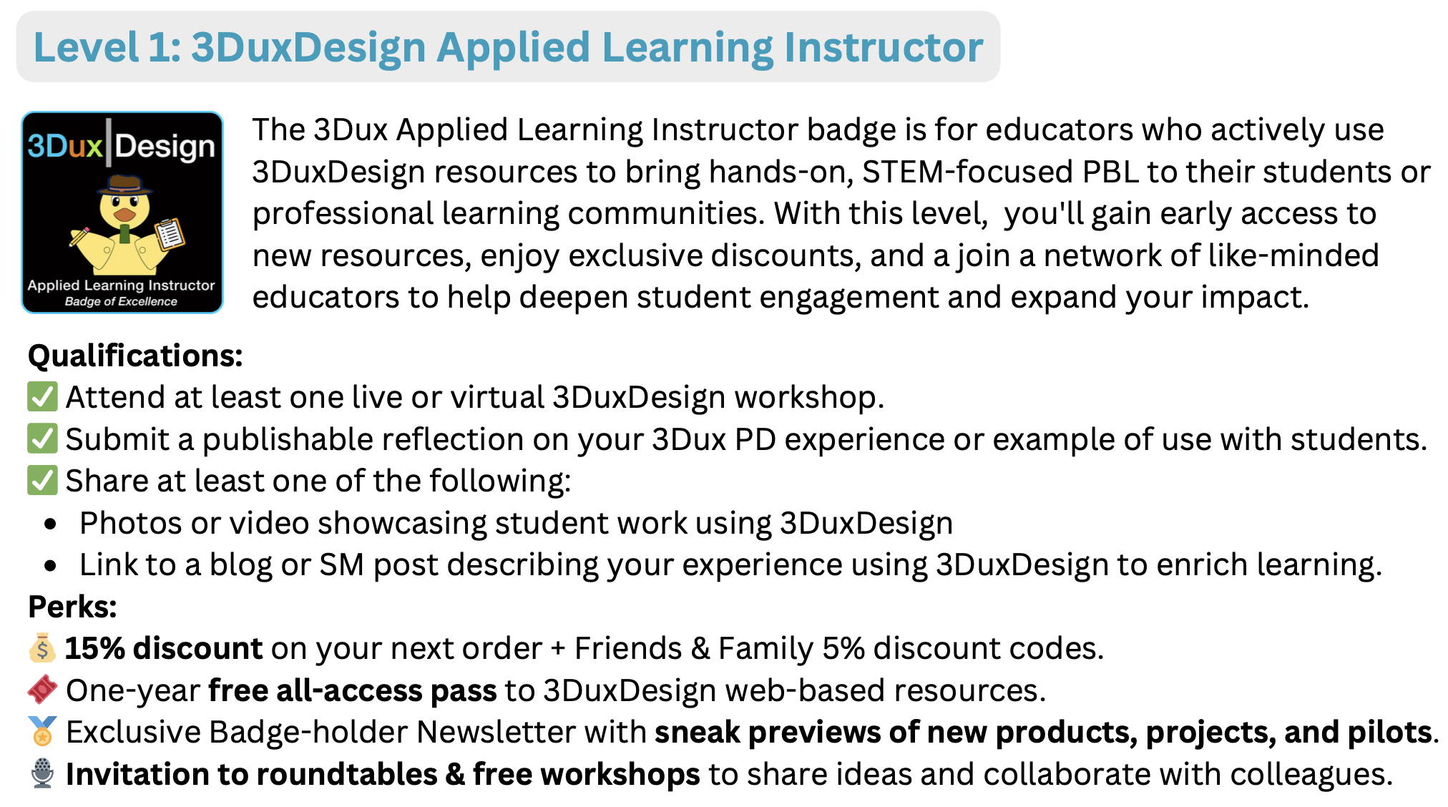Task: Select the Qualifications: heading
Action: click(x=135, y=356)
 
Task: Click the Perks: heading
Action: click(x=72, y=607)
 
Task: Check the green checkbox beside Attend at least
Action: click(x=42, y=397)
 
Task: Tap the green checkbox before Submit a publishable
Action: click(x=42, y=439)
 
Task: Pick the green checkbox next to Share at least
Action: click(x=42, y=480)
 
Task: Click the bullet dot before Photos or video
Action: click(x=50, y=524)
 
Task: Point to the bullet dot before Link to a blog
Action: click(x=50, y=566)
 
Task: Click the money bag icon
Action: click(x=42, y=648)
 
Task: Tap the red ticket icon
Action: click(x=42, y=690)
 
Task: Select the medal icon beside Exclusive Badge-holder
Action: click(x=42, y=732)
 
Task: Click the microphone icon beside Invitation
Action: click(x=42, y=773)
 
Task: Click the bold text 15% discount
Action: click(x=164, y=648)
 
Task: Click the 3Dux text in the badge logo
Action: click(x=65, y=146)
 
